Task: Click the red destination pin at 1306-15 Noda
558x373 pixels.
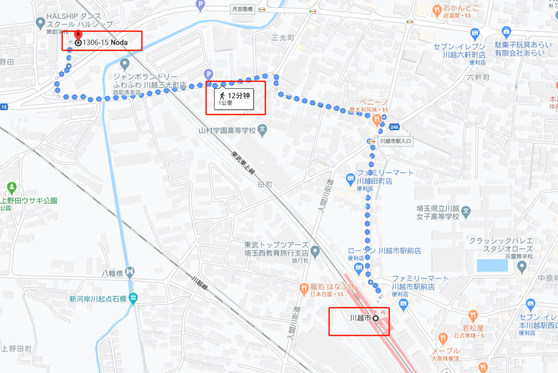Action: (79, 35)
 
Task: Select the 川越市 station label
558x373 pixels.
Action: (361, 318)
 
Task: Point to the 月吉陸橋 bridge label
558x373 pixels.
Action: (242, 9)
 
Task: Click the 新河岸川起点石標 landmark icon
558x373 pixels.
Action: (134, 298)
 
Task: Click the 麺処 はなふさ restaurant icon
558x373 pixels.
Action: (304, 287)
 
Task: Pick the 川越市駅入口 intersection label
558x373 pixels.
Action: (395, 141)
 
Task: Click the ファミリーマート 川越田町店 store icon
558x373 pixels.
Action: (351, 178)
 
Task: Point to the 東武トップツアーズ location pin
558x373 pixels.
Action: (315, 251)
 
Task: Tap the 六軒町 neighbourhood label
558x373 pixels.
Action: (477, 77)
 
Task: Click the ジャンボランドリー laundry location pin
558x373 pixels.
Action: (124, 65)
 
